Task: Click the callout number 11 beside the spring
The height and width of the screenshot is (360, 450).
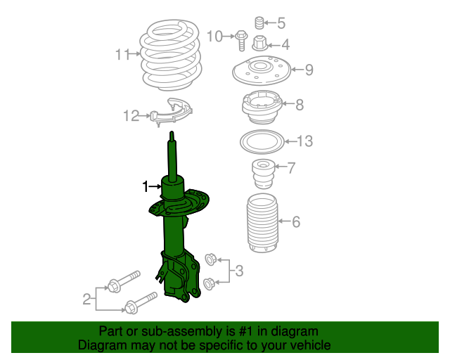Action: [123, 54]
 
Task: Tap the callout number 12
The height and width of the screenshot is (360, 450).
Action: [131, 116]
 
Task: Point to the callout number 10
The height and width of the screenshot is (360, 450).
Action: [215, 36]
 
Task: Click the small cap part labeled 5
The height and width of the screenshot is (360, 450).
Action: [258, 22]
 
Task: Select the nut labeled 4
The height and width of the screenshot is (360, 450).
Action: [259, 44]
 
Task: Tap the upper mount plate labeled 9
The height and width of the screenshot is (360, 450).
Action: [261, 71]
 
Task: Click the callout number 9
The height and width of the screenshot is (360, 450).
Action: [309, 70]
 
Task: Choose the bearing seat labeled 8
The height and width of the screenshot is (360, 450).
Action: [262, 107]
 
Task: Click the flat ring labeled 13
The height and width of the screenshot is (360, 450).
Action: [262, 142]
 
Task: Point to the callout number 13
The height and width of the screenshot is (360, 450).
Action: [304, 142]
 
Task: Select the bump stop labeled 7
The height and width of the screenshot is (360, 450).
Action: [262, 173]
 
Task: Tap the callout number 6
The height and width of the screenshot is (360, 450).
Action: [296, 223]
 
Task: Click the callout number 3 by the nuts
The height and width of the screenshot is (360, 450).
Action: [239, 271]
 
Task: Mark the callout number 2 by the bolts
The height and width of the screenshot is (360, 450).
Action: [86, 300]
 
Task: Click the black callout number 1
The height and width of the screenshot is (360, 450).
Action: [146, 186]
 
